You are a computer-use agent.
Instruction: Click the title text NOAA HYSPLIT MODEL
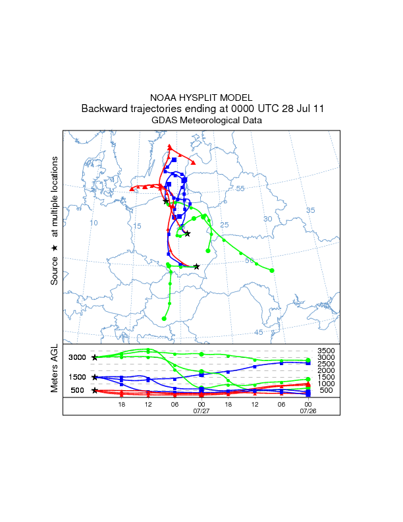tap(201, 97)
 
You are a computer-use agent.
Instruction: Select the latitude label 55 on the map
tap(240, 188)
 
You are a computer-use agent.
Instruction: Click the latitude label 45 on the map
tap(259, 332)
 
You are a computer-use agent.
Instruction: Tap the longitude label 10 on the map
tap(94, 223)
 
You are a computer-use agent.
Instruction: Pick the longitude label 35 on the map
tap(311, 210)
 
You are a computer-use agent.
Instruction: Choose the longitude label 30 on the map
tap(267, 218)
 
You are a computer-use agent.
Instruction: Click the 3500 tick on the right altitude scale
tap(327, 351)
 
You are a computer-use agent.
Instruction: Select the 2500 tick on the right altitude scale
tap(327, 364)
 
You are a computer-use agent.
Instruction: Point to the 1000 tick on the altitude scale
tap(327, 384)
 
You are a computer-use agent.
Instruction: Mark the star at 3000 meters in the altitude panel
tap(95, 357)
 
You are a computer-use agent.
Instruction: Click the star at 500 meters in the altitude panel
tap(95, 390)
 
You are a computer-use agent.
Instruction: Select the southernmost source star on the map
tap(196, 266)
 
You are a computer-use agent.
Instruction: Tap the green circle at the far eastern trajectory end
tap(271, 270)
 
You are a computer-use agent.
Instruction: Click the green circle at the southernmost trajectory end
tap(164, 318)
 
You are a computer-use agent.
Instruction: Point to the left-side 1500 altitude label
tap(78, 377)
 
